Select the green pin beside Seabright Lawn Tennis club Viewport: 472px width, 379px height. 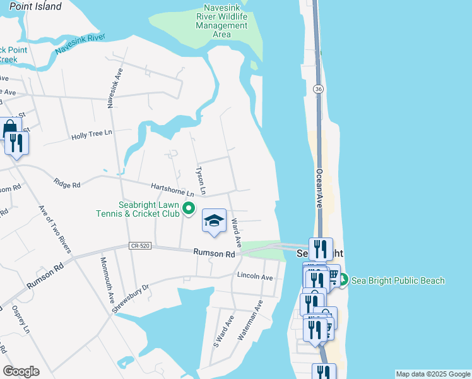tap(188, 208)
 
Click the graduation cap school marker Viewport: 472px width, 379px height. tap(214, 221)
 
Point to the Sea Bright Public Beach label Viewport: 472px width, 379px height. tap(398, 280)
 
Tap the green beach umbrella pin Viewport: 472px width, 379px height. tap(343, 280)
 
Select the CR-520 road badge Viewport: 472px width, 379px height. tap(139, 245)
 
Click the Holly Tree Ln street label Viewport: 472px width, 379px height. tap(91, 135)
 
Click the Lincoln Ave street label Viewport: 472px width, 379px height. tap(255, 277)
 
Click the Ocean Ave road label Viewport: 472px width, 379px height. tap(319, 188)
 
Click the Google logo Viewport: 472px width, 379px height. tap(21, 371)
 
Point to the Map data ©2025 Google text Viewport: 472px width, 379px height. tap(433, 374)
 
